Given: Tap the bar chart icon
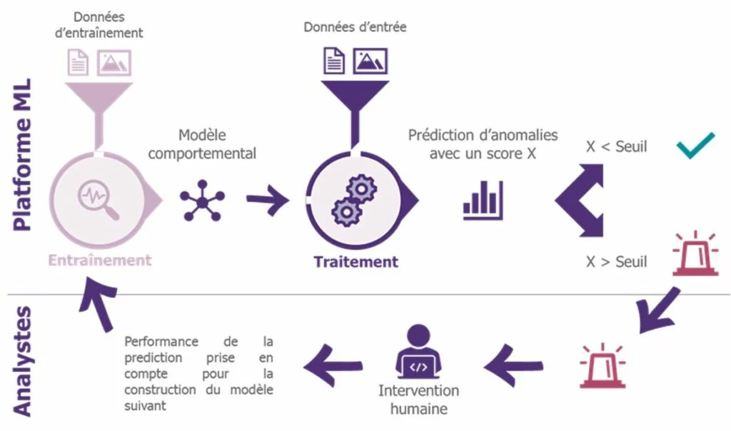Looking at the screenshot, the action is click(483, 201).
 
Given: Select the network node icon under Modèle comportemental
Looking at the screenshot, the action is click(202, 201).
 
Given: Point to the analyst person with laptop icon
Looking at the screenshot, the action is click(418, 351).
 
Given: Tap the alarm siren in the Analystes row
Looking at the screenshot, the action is click(603, 366).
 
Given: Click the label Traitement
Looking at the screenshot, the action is click(356, 262).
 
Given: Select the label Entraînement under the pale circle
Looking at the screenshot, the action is click(100, 260).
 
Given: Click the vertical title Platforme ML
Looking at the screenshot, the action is click(22, 155).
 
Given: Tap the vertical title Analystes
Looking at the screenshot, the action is click(22, 361).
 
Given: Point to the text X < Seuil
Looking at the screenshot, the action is click(616, 146).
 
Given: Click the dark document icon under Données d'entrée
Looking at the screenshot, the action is click(334, 61).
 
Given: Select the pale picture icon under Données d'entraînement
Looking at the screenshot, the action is click(114, 63).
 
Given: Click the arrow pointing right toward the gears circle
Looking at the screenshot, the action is click(268, 200).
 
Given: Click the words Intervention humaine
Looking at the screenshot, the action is click(418, 400).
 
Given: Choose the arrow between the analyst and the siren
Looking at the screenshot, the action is click(513, 366).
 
